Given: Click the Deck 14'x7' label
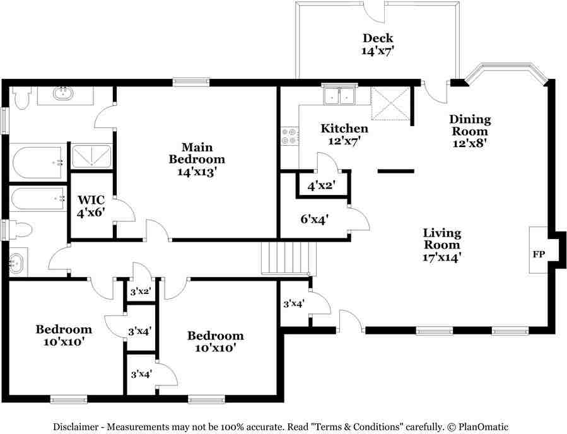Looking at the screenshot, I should pyautogui.click(x=378, y=44).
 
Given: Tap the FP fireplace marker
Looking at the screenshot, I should pyautogui.click(x=539, y=255).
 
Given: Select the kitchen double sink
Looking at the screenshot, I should pyautogui.click(x=339, y=96).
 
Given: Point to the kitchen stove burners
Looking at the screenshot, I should pyautogui.click(x=289, y=136).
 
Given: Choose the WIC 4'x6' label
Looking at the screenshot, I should pyautogui.click(x=91, y=206).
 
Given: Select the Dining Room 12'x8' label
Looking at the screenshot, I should pyautogui.click(x=470, y=131).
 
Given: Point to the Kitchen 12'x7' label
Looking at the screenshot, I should pyautogui.click(x=344, y=135).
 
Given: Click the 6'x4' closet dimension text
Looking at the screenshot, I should pyautogui.click(x=313, y=220).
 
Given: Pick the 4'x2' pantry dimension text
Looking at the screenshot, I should pyautogui.click(x=320, y=185).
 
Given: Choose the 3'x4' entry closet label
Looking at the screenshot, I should pyautogui.click(x=294, y=303).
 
